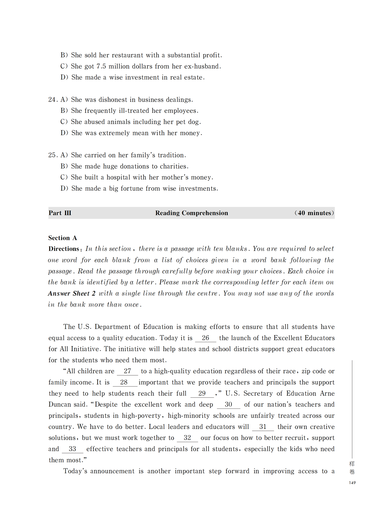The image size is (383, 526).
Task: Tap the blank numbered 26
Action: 205,338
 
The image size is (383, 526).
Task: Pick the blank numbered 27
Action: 127,371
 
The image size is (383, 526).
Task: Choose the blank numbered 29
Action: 202,393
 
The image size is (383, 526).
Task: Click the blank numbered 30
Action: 228,404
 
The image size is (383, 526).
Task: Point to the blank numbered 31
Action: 263,427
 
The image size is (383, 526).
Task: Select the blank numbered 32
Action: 187,438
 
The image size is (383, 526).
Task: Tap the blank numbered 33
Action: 73,449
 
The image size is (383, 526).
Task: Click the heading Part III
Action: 60,213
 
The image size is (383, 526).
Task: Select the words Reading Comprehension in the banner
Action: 192,213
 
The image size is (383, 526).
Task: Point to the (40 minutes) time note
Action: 314,213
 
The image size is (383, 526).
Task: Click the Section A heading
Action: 63,238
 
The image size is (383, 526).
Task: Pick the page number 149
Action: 352,483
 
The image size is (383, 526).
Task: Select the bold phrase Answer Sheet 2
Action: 72,293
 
